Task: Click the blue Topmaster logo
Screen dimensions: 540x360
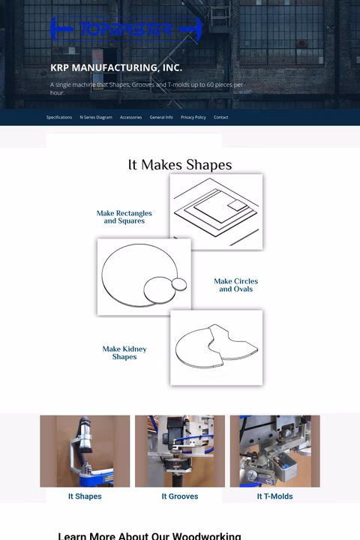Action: click(125, 29)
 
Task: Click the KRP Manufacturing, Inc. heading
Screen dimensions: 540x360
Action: click(115, 67)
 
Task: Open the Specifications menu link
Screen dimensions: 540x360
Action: click(59, 118)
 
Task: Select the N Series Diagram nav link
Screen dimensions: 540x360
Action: click(96, 118)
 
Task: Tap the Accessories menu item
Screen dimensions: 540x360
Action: click(130, 118)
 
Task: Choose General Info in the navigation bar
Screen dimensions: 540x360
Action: click(161, 118)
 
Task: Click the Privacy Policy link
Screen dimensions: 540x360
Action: click(193, 118)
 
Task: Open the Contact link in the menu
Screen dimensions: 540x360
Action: click(220, 118)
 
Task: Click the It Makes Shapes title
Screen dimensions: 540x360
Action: click(180, 165)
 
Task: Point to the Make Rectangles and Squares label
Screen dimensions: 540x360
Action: click(124, 217)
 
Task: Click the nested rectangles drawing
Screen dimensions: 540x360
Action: click(216, 212)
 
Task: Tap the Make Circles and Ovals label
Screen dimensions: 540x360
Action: click(235, 285)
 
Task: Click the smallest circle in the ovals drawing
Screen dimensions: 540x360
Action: click(178, 283)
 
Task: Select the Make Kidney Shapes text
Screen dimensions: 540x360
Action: click(124, 353)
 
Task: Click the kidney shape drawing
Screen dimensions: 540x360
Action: click(216, 348)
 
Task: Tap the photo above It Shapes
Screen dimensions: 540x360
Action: click(85, 451)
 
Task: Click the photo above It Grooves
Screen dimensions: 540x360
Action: click(180, 451)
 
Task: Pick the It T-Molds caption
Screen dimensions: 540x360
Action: click(274, 496)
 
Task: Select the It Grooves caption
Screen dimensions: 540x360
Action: click(180, 496)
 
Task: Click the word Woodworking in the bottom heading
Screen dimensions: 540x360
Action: click(206, 535)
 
